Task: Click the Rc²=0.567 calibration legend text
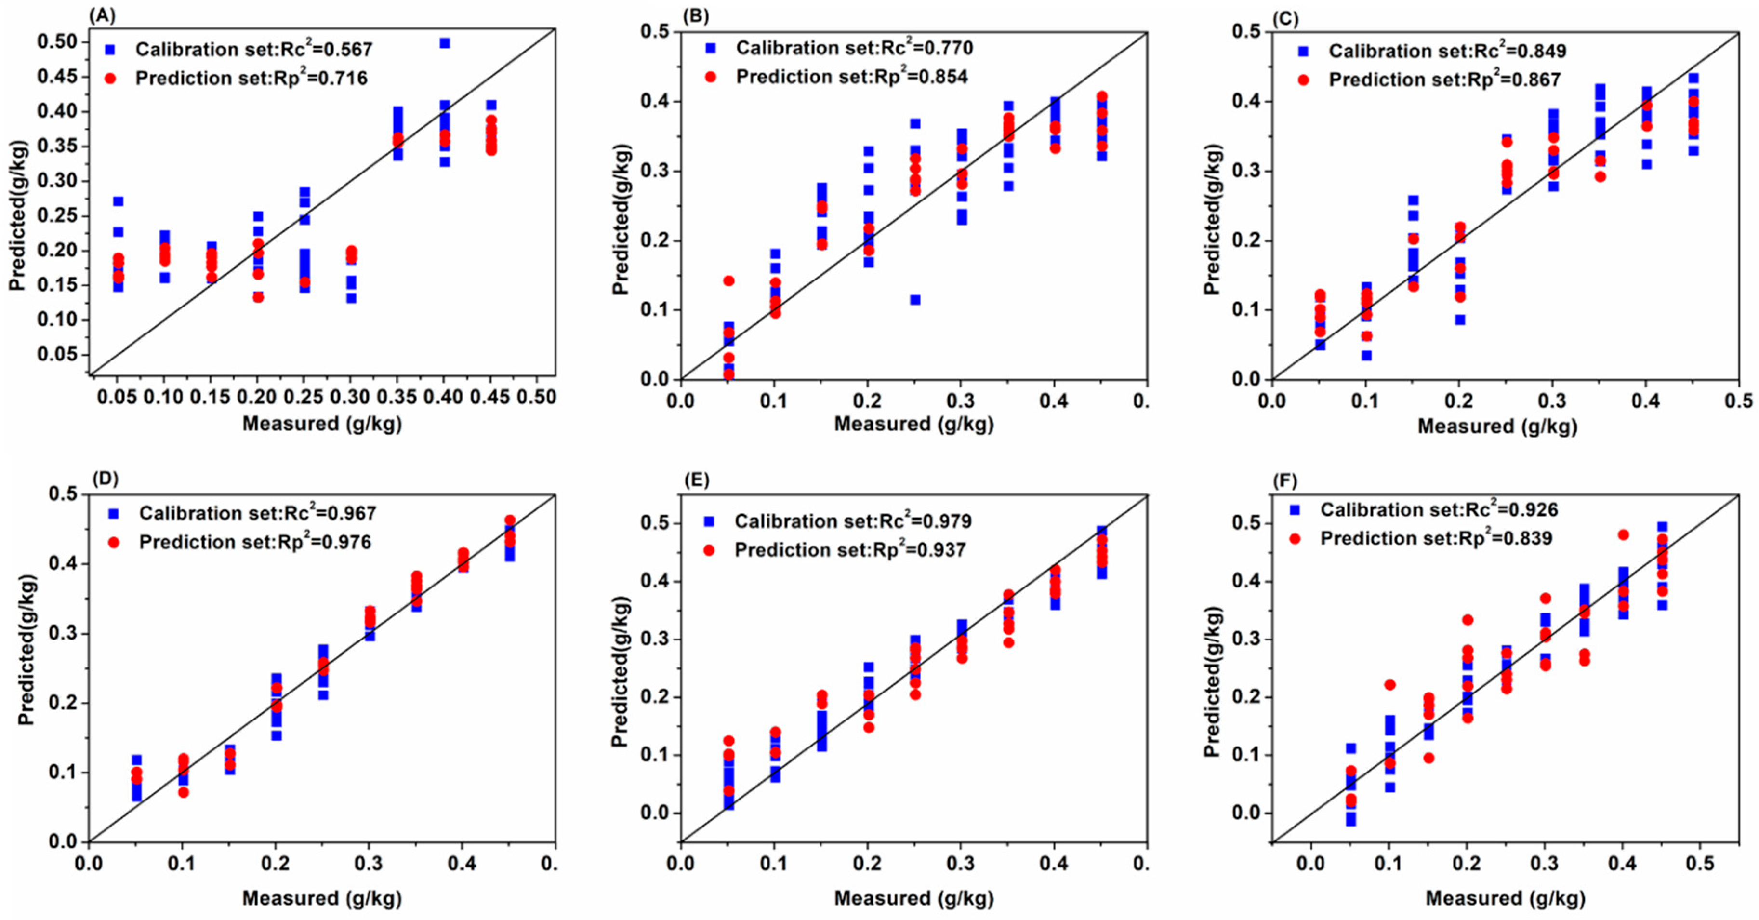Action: click(x=253, y=49)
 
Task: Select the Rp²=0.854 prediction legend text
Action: click(x=851, y=77)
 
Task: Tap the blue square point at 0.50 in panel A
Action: click(x=445, y=43)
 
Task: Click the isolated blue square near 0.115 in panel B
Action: click(x=915, y=300)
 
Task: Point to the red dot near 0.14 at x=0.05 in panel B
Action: click(x=728, y=280)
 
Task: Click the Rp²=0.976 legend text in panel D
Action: click(x=255, y=542)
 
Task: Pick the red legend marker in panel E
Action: click(x=709, y=550)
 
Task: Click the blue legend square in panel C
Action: click(x=1303, y=51)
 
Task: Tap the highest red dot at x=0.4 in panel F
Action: click(x=1623, y=535)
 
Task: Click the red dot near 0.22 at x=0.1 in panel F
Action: click(x=1389, y=684)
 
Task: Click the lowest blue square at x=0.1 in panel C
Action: click(x=1366, y=355)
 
